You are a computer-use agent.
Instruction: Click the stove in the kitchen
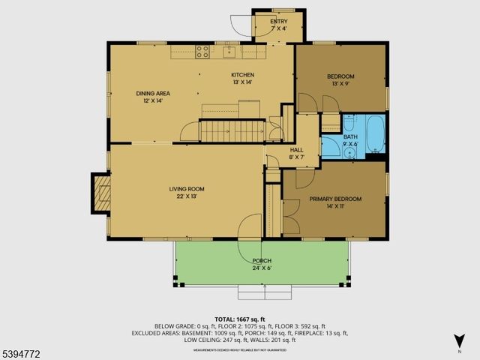click(x=202, y=51)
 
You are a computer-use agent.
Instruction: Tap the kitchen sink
click(x=229, y=51)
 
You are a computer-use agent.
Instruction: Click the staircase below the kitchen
click(x=225, y=131)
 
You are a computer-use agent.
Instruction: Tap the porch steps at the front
click(x=264, y=292)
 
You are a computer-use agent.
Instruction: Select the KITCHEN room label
click(x=242, y=75)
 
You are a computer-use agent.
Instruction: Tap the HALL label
click(x=296, y=149)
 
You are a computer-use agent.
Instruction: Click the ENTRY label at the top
click(x=279, y=22)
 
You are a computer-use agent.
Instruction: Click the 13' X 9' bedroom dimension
click(x=340, y=83)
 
